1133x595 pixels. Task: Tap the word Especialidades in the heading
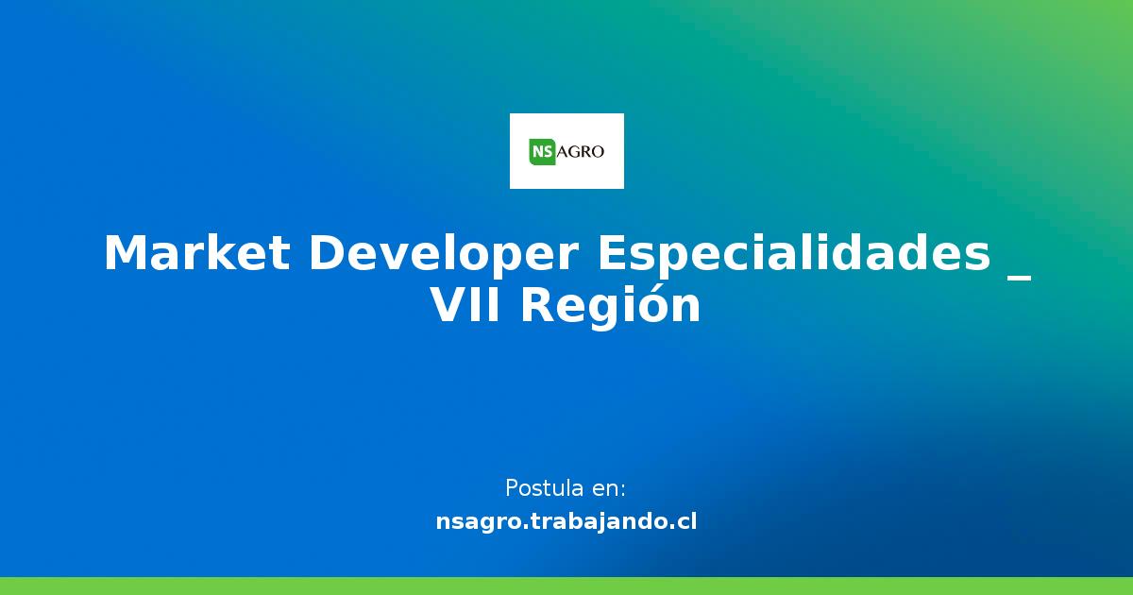coord(794,254)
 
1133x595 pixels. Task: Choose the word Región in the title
coord(611,306)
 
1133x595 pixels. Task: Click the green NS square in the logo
coord(542,151)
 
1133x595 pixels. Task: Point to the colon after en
coord(622,491)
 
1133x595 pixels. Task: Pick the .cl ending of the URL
coord(683,521)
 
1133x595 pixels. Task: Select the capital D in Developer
coord(327,254)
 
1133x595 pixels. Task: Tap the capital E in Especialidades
coord(614,254)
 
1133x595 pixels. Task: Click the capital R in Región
coord(537,306)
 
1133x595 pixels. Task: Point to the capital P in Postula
coord(512,488)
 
